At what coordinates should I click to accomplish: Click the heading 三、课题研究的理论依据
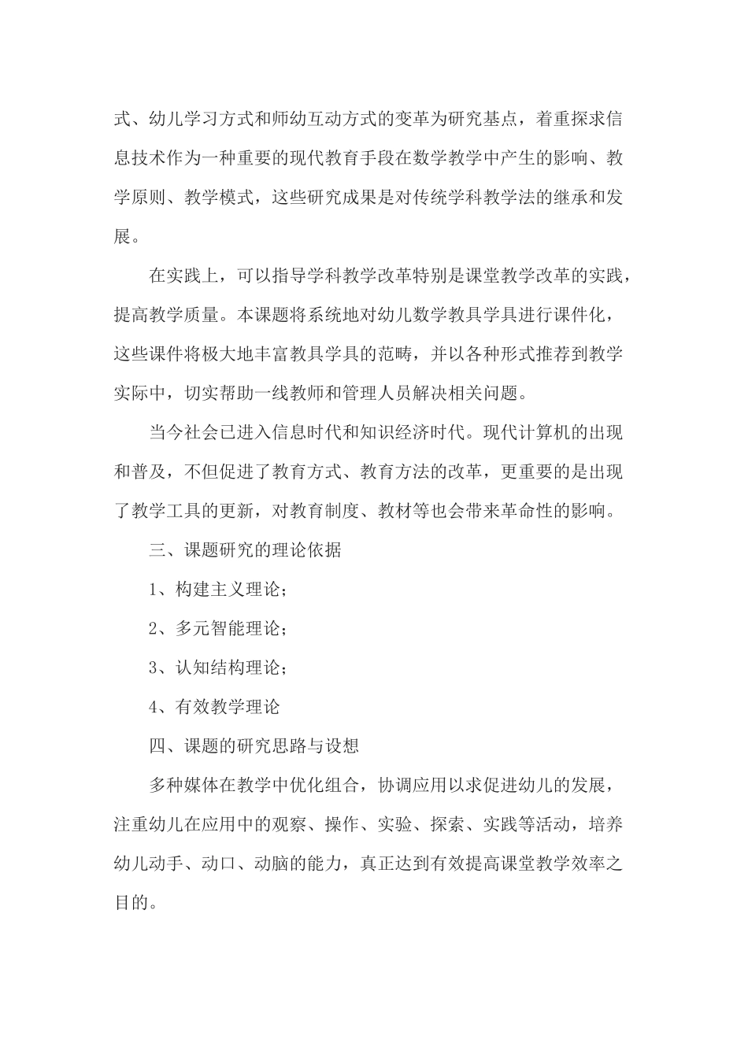(245, 550)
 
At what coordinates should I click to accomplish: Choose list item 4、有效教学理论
(214, 707)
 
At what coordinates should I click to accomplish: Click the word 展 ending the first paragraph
(123, 236)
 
